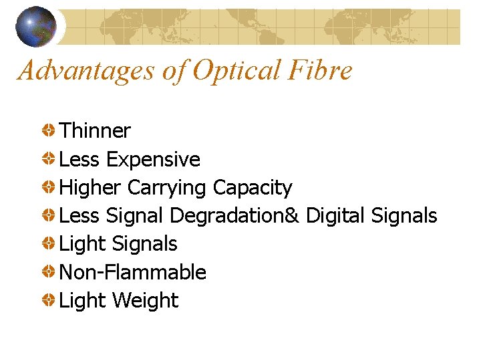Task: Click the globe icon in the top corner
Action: coord(36,26)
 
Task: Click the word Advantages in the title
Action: coord(86,70)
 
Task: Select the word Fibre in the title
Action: coord(317,70)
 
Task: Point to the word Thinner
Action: coord(95,131)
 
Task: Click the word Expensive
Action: coord(153,159)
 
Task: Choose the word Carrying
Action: coord(167,189)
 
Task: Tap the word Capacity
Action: coord(253,189)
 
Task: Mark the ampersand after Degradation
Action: coord(297,217)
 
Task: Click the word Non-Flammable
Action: coord(132,272)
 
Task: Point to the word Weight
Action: coord(146,301)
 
